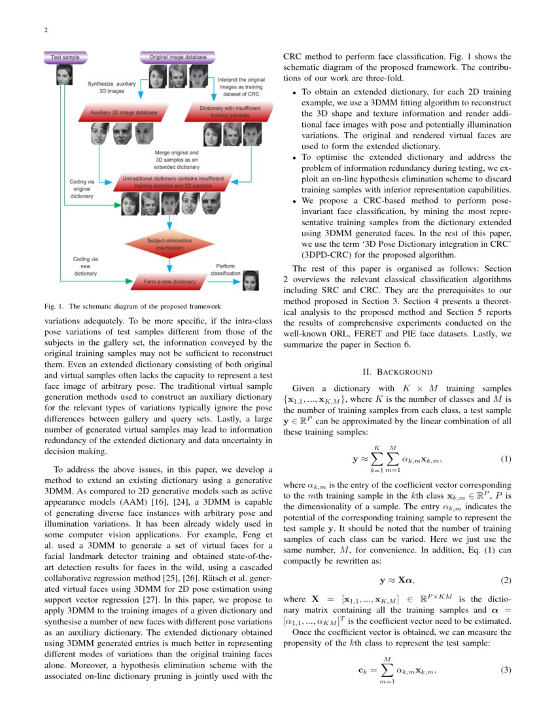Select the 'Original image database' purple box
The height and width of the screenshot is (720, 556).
click(x=178, y=58)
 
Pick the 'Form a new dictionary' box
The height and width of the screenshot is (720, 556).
click(x=169, y=281)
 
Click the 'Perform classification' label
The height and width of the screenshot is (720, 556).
click(x=226, y=268)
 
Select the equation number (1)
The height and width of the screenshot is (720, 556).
click(x=506, y=459)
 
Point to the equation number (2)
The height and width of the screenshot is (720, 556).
click(x=506, y=581)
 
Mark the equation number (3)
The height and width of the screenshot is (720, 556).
click(x=506, y=670)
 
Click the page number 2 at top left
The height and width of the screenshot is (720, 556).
click(x=46, y=30)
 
